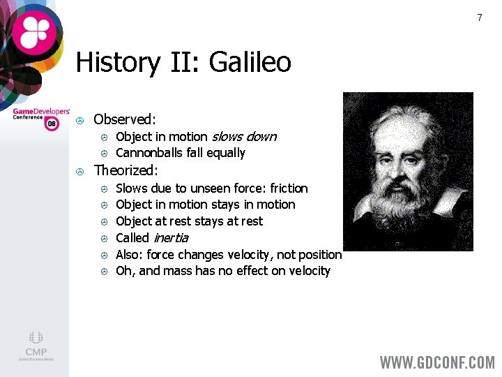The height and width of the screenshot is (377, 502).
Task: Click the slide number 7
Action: (x=479, y=17)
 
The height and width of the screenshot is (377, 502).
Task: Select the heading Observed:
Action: (x=125, y=119)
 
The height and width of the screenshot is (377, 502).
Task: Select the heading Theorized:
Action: (x=126, y=170)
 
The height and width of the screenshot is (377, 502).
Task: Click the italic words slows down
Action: (x=244, y=137)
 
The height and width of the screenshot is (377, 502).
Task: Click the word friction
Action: (x=289, y=188)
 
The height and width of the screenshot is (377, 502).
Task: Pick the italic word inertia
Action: (x=171, y=238)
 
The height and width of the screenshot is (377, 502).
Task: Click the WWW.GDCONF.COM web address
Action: (x=437, y=362)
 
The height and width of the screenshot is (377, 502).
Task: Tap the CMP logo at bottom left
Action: (x=36, y=345)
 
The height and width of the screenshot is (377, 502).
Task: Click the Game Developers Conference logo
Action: (x=41, y=117)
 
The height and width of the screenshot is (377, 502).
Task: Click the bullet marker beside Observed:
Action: (x=80, y=120)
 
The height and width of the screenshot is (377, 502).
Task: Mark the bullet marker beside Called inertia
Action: (x=102, y=239)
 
